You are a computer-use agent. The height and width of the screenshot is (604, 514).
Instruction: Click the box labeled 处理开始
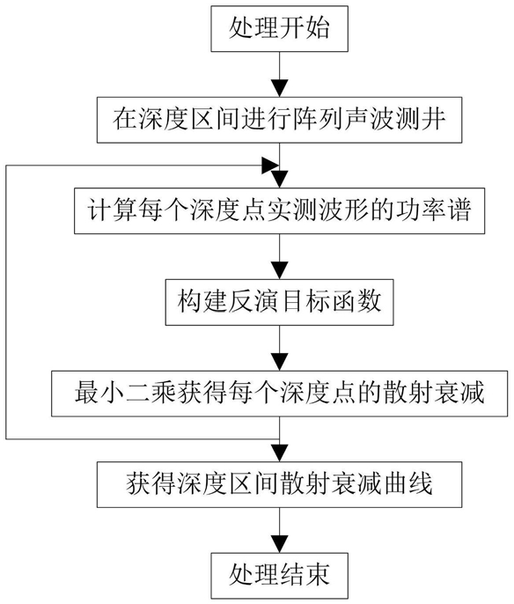pyautogui.click(x=279, y=28)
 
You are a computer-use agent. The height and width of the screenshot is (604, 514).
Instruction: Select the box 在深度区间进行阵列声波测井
pyautogui.click(x=279, y=120)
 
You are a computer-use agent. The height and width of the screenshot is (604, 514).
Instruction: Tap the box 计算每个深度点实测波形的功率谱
pyautogui.click(x=279, y=210)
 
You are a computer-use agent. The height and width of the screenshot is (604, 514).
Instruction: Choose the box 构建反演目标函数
pyautogui.click(x=279, y=302)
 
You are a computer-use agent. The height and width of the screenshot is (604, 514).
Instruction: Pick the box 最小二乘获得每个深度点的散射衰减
pyautogui.click(x=279, y=394)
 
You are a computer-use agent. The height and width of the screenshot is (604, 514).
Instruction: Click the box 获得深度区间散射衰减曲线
pyautogui.click(x=279, y=484)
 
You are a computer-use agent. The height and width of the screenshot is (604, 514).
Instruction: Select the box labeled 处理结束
pyautogui.click(x=279, y=576)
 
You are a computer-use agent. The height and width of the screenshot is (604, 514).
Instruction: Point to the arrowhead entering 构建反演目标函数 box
pyautogui.click(x=280, y=270)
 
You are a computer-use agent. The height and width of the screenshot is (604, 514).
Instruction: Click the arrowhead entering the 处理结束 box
pyautogui.click(x=280, y=544)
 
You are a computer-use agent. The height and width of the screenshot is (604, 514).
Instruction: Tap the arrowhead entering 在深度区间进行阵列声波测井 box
pyautogui.click(x=280, y=88)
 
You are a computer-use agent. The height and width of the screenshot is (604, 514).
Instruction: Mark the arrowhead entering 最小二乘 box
pyautogui.click(x=280, y=362)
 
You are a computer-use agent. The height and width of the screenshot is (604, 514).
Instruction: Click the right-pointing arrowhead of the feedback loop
pyautogui.click(x=270, y=166)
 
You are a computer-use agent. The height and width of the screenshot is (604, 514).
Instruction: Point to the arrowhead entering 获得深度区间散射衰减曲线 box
pyautogui.click(x=280, y=453)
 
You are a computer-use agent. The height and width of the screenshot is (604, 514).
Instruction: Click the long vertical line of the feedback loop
pyautogui.click(x=6, y=302)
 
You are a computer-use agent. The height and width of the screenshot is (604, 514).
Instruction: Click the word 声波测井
pyautogui.click(x=395, y=120)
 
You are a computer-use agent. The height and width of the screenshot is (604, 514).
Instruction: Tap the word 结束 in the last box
pyautogui.click(x=305, y=576)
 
